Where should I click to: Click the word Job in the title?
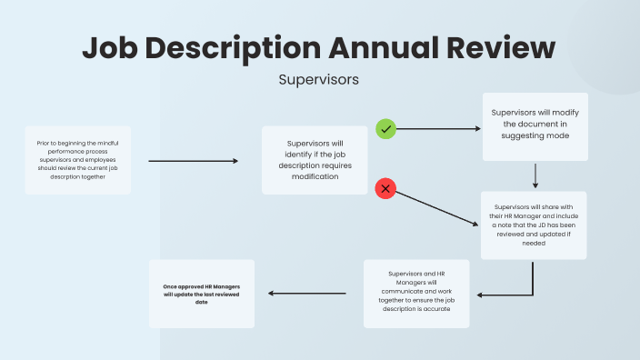[110, 47]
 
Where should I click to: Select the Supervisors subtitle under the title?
[319, 80]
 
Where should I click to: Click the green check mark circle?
[386, 129]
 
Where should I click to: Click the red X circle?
[386, 188]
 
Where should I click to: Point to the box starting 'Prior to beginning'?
[78, 160]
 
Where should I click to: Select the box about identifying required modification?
[314, 160]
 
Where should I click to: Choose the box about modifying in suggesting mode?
[535, 125]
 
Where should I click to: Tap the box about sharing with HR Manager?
[535, 225]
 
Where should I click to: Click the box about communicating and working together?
[416, 294]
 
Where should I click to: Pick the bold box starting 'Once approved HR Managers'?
[201, 294]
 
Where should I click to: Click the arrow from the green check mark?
[438, 129]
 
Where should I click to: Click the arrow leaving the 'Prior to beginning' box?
[192, 161]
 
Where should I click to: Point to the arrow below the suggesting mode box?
[536, 175]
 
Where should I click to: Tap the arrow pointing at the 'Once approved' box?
[306, 294]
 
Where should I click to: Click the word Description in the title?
[233, 47]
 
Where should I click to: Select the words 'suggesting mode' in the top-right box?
[535, 135]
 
